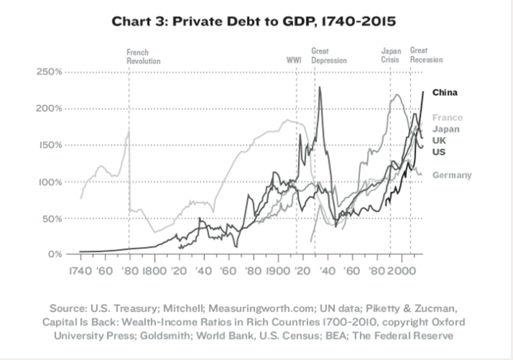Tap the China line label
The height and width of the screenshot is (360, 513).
(445, 93)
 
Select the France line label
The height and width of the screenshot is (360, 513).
(447, 118)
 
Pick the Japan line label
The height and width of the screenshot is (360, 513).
(446, 129)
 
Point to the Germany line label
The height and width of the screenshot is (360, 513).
(452, 175)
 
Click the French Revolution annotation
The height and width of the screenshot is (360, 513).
(143, 56)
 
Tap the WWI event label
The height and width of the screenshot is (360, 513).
(294, 60)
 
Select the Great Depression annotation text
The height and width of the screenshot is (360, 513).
(328, 56)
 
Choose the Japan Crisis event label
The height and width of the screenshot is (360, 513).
(391, 56)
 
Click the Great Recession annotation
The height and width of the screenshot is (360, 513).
(426, 56)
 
